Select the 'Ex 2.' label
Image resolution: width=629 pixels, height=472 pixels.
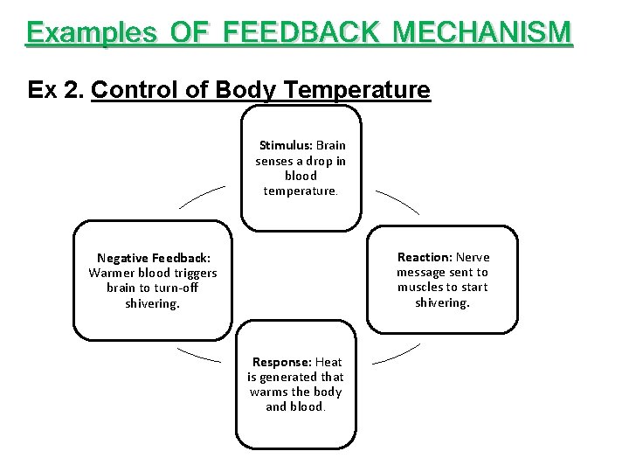(x=56, y=90)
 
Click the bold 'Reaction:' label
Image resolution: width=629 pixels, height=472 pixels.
(x=424, y=257)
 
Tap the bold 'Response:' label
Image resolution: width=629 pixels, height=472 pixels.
(x=281, y=362)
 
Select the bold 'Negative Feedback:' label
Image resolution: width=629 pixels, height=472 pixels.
(x=153, y=258)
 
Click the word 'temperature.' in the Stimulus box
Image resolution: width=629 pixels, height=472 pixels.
(x=301, y=191)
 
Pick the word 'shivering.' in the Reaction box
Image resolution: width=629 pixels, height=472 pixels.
(x=442, y=302)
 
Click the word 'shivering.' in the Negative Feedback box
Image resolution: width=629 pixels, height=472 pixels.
(x=152, y=303)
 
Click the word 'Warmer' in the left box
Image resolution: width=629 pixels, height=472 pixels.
(x=109, y=273)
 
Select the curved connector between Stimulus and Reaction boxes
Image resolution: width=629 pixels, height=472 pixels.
(x=398, y=200)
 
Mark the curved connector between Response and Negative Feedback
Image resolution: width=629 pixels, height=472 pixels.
(x=198, y=355)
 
